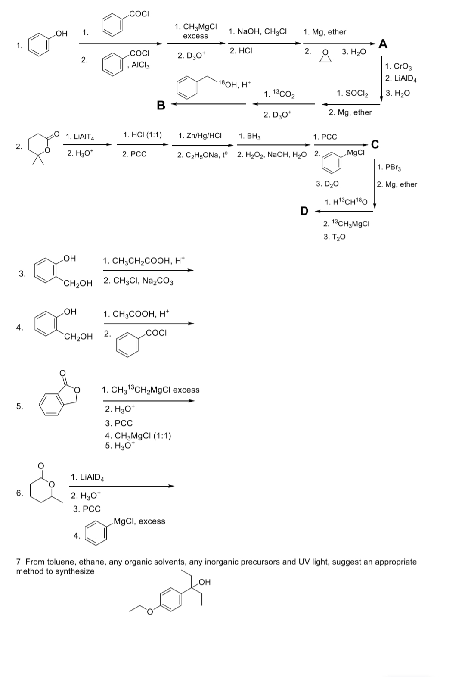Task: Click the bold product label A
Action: pyautogui.click(x=383, y=44)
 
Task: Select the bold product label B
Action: pyautogui.click(x=161, y=105)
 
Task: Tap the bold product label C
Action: pyautogui.click(x=375, y=145)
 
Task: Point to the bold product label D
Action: pyautogui.click(x=304, y=211)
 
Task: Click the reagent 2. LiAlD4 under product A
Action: pyautogui.click(x=400, y=78)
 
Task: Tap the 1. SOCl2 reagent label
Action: pyautogui.click(x=352, y=93)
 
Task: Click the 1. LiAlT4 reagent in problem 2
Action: pyautogui.click(x=80, y=137)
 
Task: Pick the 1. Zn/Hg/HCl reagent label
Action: pyautogui.click(x=200, y=135)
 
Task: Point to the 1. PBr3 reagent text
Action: pyautogui.click(x=390, y=167)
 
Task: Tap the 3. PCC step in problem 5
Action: pyautogui.click(x=119, y=423)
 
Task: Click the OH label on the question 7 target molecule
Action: pyautogui.click(x=205, y=582)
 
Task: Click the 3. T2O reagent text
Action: pyautogui.click(x=335, y=237)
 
